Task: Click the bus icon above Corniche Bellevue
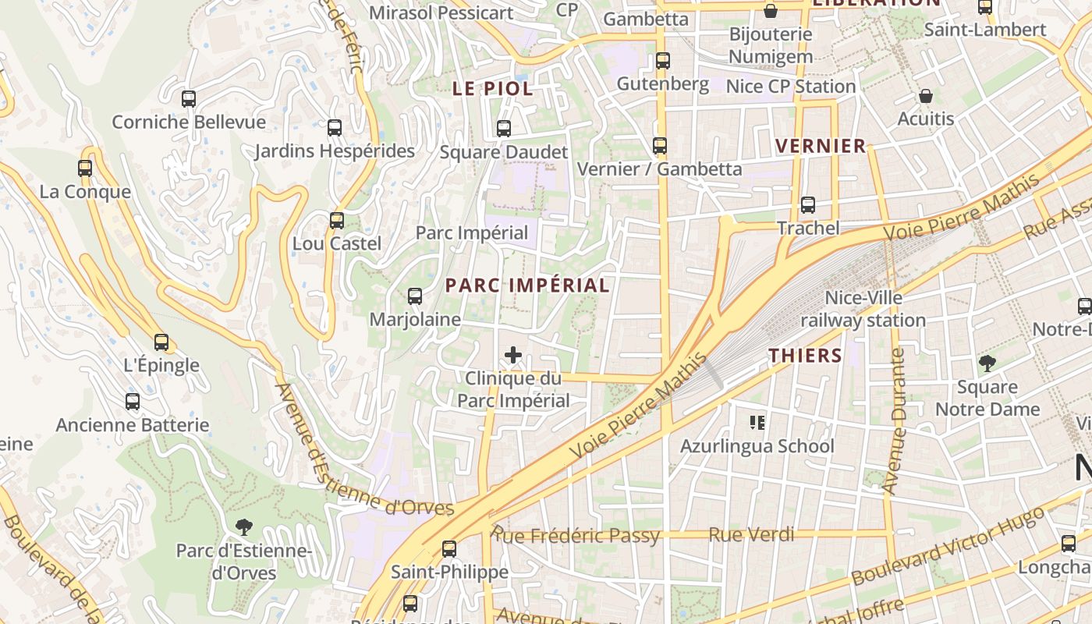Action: [x=188, y=99]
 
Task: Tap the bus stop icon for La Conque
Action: [x=85, y=168]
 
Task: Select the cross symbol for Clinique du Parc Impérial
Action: [x=513, y=356]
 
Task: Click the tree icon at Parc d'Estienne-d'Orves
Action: [x=244, y=527]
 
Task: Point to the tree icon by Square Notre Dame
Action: [x=987, y=363]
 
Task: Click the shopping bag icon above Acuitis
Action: [x=926, y=96]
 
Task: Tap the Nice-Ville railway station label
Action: [x=863, y=309]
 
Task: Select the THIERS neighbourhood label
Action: [x=805, y=356]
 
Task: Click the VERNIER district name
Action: [x=821, y=146]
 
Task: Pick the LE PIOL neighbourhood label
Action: [x=493, y=88]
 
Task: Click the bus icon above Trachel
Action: [x=808, y=205]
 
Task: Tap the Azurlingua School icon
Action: [x=757, y=423]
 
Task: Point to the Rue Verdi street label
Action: [x=751, y=534]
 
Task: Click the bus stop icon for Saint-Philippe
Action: [x=448, y=548]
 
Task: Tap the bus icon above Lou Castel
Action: [x=337, y=221]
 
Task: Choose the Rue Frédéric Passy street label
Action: [x=576, y=536]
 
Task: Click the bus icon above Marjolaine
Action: [x=415, y=296]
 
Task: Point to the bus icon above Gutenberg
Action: [x=663, y=60]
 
